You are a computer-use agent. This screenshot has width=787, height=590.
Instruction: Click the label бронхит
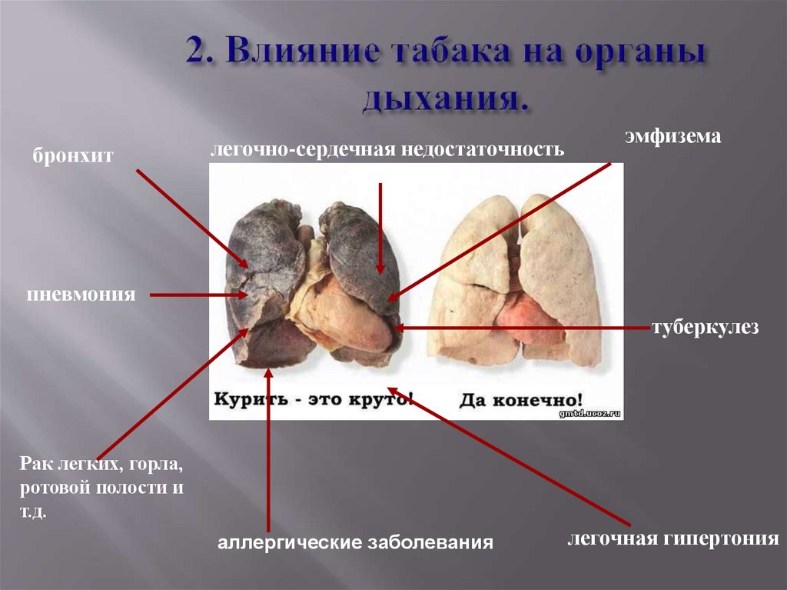click(73, 156)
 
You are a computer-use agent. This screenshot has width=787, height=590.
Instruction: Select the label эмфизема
click(672, 138)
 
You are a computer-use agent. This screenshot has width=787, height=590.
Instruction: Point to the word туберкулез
click(706, 328)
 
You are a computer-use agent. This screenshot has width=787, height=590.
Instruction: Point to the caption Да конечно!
click(521, 400)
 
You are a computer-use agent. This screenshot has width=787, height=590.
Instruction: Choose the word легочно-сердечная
click(303, 148)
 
